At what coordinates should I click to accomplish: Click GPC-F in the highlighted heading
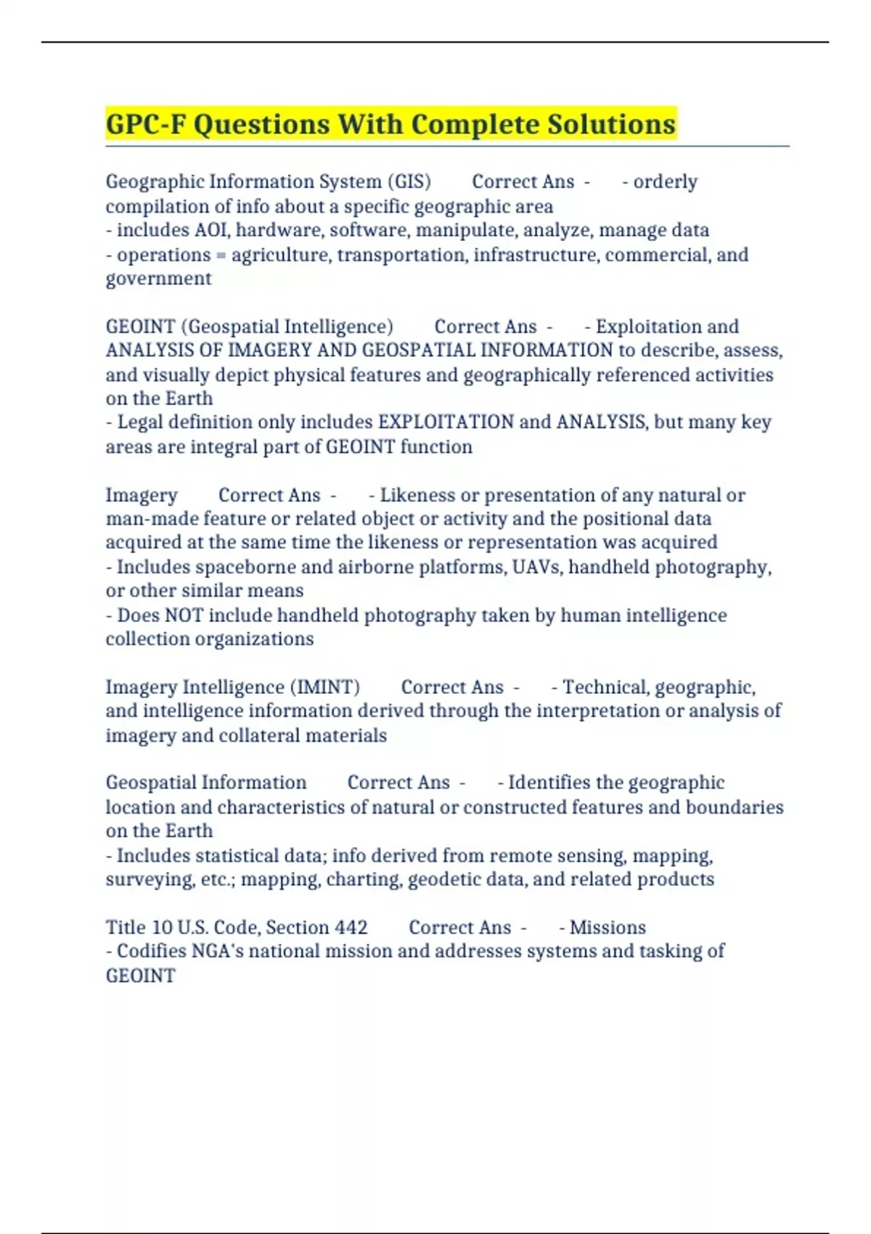[x=145, y=124]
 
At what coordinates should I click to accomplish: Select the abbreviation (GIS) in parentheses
[x=409, y=181]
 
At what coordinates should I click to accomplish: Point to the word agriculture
[x=276, y=255]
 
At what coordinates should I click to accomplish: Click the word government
[x=158, y=279]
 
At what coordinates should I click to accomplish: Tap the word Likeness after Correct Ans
[x=417, y=495]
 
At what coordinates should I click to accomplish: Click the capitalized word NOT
[x=183, y=616]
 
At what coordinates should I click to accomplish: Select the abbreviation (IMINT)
[x=325, y=687]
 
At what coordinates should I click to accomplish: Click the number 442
[x=351, y=928]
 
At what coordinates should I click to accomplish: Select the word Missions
[x=608, y=928]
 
